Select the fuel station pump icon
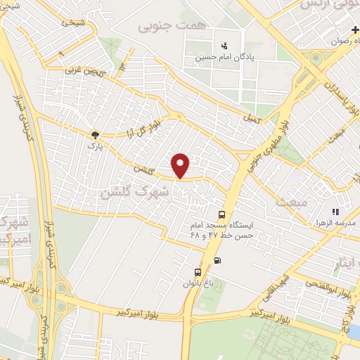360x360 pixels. click(216, 261)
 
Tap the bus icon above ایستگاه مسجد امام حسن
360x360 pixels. click(222, 214)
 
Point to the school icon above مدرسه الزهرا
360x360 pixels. click(335, 211)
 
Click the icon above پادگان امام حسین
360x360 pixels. click(224, 45)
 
